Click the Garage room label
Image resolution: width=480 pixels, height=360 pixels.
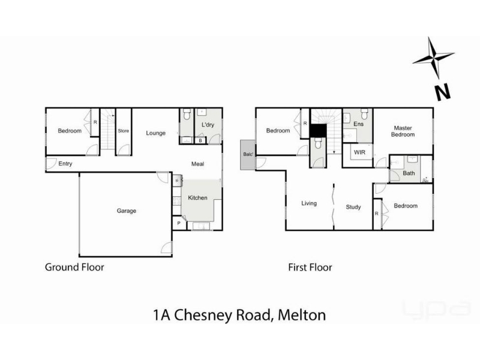(x=127, y=211)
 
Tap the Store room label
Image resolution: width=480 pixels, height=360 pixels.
(x=124, y=131)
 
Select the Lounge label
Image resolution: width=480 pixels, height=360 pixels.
(x=155, y=133)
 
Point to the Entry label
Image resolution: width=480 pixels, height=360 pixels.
(x=65, y=164)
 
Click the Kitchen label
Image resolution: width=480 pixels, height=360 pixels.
(x=197, y=198)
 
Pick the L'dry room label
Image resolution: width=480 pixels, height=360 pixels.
(x=208, y=125)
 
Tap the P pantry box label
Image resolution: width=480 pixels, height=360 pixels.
(x=179, y=223)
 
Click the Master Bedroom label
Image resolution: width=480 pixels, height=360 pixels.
(x=403, y=131)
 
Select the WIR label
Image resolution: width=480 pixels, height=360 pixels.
(x=359, y=152)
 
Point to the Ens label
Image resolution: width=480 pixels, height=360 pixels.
(x=358, y=124)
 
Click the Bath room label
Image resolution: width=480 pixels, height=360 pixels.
(x=409, y=173)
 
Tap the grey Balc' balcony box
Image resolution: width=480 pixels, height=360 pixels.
(x=248, y=155)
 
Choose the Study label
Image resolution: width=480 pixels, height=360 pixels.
(x=353, y=207)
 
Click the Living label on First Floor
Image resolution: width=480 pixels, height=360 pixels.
(x=309, y=203)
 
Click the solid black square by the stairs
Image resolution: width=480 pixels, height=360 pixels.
(x=318, y=131)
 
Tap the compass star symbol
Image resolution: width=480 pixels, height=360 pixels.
(x=433, y=58)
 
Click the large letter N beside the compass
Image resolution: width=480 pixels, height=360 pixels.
(x=443, y=92)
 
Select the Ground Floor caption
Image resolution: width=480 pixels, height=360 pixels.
(x=74, y=267)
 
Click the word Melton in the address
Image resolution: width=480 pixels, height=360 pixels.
(x=302, y=315)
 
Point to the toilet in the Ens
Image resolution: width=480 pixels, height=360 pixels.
(x=364, y=114)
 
